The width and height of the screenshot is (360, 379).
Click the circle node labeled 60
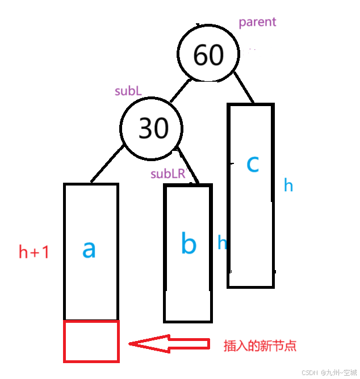(x=208, y=55)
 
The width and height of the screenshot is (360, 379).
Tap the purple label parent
(x=257, y=22)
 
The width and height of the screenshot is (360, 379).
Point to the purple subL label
(x=128, y=91)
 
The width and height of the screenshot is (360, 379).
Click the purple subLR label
(x=169, y=174)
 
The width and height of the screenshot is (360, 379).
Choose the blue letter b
(x=189, y=244)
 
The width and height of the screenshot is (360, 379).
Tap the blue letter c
(x=253, y=164)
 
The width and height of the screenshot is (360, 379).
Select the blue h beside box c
(x=288, y=186)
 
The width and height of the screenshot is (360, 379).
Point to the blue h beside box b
(x=222, y=243)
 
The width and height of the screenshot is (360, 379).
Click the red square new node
(x=91, y=341)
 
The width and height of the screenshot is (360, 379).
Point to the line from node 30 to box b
(x=188, y=166)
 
